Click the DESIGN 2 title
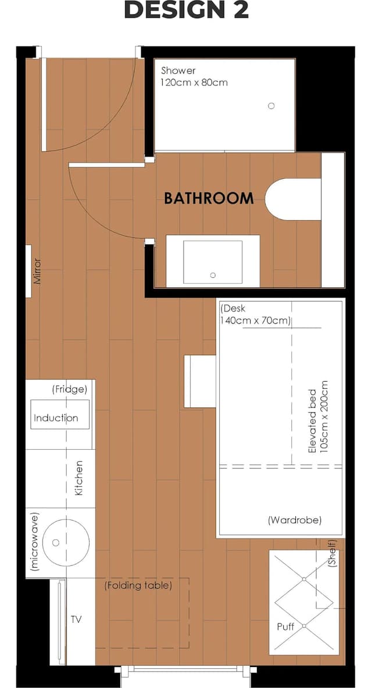pyautogui.click(x=187, y=10)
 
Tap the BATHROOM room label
pyautogui.click(x=209, y=198)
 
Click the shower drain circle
pyautogui.click(x=271, y=106)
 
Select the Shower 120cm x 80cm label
pyautogui.click(x=194, y=76)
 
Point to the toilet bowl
pyautogui.click(x=293, y=199)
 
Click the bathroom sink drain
pyautogui.click(x=213, y=275)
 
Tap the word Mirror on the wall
pyautogui.click(x=37, y=271)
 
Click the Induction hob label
pyautogui.click(x=56, y=418)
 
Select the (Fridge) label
pyautogui.click(x=69, y=389)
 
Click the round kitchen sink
pyautogui.click(x=67, y=543)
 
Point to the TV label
pyautogui.click(x=76, y=619)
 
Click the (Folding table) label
pyautogui.click(x=138, y=585)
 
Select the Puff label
pyautogui.click(x=285, y=626)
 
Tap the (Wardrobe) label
pyautogui.click(x=294, y=521)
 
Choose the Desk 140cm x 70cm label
pyautogui.click(x=255, y=314)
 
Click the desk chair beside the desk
pyautogui.click(x=200, y=381)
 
